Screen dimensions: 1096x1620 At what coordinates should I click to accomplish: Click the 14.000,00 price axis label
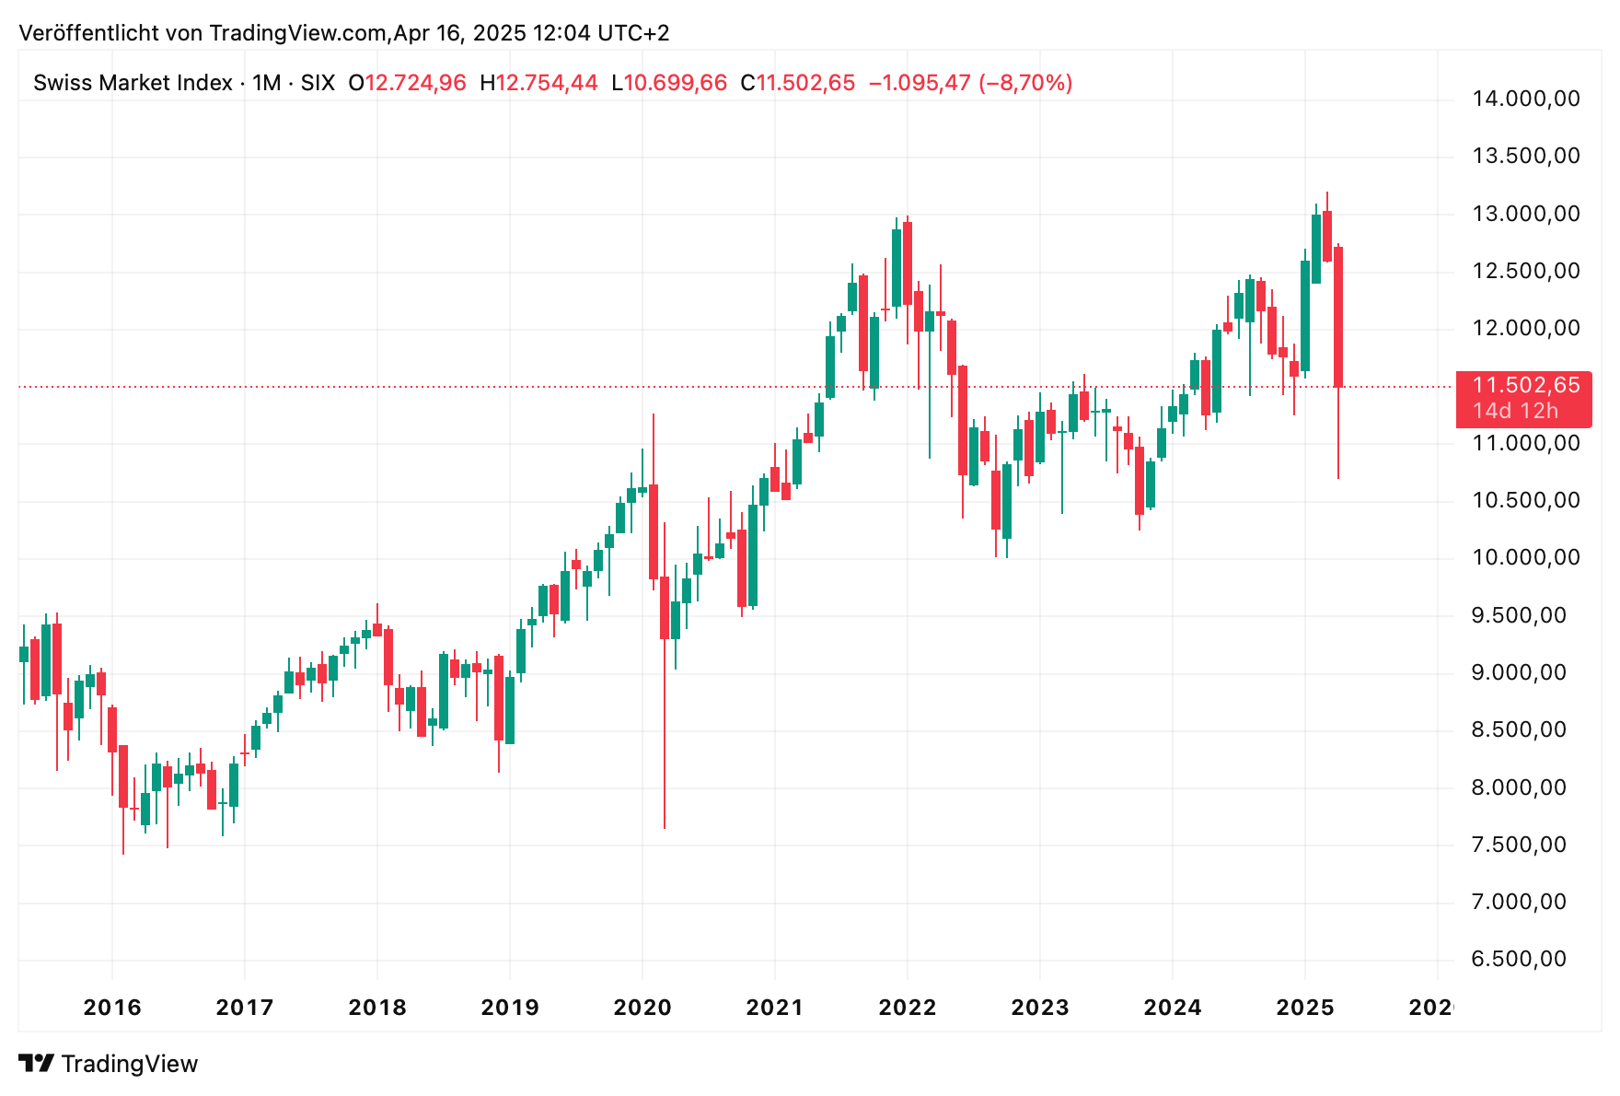[1525, 99]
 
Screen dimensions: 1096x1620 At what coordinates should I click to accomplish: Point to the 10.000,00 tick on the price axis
[1525, 558]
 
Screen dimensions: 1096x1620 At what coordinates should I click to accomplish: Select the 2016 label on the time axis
[112, 1008]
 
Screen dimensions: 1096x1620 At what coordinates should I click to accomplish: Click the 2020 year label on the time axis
[642, 1008]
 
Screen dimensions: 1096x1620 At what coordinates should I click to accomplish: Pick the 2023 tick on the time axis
[1040, 1008]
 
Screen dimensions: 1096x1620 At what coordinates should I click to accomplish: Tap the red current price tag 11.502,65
[1525, 386]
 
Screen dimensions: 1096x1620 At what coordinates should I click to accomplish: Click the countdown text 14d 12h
[1515, 412]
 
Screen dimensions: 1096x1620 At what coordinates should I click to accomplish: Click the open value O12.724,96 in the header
[407, 83]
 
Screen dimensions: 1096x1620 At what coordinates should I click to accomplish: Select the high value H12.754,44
[538, 83]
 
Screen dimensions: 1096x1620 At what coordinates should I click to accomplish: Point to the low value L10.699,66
[669, 83]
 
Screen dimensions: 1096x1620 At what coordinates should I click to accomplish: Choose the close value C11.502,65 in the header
[798, 83]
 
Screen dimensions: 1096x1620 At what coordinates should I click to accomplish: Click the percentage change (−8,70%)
[1024, 83]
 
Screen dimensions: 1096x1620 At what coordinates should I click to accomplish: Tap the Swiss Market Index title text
[133, 83]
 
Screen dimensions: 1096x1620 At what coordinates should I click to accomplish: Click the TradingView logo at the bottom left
[109, 1064]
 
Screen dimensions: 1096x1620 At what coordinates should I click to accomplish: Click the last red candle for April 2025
[1338, 318]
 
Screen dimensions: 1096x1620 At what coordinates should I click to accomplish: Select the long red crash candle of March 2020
[665, 608]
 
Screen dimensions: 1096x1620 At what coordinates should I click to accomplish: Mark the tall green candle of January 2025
[1305, 316]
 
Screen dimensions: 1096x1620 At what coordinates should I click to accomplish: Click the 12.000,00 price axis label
[1525, 329]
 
